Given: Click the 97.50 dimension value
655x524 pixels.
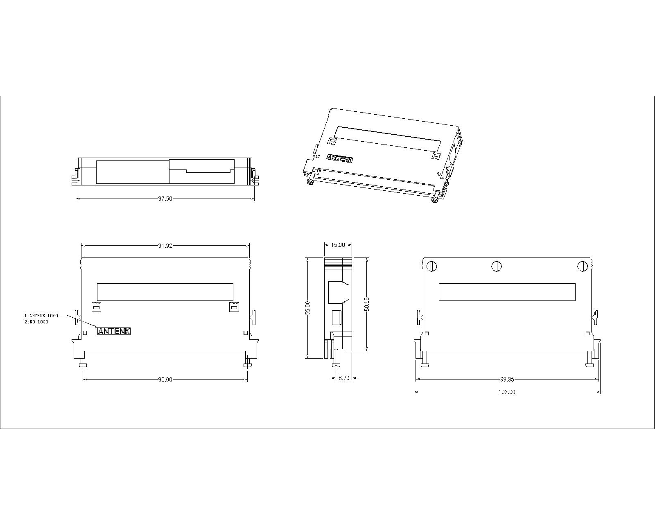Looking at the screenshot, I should point(165,199).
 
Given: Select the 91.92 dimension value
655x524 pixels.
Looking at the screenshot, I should point(165,246).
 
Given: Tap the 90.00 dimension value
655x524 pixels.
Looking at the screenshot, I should point(165,379).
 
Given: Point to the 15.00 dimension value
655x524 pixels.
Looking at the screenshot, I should point(338,245).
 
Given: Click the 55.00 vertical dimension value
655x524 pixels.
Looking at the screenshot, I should point(308,308).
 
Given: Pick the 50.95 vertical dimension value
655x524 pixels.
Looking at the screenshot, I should point(367,304).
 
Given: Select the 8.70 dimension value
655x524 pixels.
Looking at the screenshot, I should point(343,378).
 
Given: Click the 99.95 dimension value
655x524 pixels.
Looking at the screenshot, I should point(507,379).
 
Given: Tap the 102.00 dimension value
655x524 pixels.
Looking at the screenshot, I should point(507,392).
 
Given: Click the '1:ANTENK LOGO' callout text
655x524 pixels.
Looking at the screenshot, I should point(41,316).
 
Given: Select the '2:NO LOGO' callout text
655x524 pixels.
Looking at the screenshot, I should point(36,322).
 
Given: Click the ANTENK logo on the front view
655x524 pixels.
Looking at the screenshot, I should point(114,331).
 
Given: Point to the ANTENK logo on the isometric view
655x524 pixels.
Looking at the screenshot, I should point(339,159).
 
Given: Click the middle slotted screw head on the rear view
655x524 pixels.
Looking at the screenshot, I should point(497,267).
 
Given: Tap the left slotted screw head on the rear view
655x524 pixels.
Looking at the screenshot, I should point(432,267).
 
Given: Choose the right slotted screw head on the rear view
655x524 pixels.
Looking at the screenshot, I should point(583,267).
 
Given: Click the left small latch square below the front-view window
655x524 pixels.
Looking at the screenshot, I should point(95,306).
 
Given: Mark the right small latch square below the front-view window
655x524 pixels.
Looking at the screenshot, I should point(234,306).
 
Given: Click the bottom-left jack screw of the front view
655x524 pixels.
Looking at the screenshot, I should point(83,363).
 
